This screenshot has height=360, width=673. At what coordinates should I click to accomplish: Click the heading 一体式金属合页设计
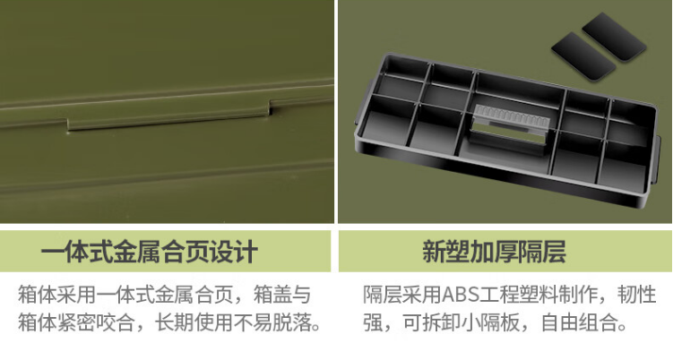point(150,252)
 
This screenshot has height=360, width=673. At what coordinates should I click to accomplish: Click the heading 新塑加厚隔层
point(494,252)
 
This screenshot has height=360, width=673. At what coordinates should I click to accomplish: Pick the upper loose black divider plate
point(614,37)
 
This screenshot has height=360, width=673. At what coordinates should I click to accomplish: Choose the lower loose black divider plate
point(583,56)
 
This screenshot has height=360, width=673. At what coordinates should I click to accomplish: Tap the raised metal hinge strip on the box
point(168,116)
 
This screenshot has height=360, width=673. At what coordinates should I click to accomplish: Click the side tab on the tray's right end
point(657,159)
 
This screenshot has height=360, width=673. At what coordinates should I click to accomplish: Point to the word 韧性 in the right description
point(637,296)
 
